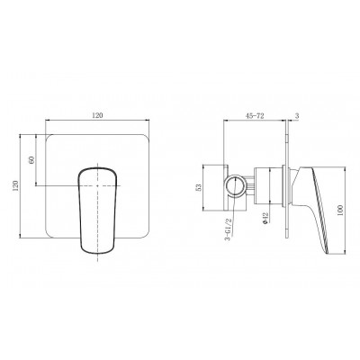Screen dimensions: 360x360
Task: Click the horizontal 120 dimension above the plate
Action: pos(97,115)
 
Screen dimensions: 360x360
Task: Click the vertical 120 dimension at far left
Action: pos(16,185)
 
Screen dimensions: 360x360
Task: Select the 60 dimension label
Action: pos(31,159)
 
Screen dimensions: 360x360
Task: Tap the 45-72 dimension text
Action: pos(255,116)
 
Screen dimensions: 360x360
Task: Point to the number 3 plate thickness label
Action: pos(297,116)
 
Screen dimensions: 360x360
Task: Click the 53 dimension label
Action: pos(199,187)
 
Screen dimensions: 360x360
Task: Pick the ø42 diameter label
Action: pos(265,218)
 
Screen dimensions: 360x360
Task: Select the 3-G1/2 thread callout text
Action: pos(229,230)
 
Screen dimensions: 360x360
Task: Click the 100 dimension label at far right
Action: pos(339,210)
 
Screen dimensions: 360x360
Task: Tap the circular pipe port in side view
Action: pos(236,186)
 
